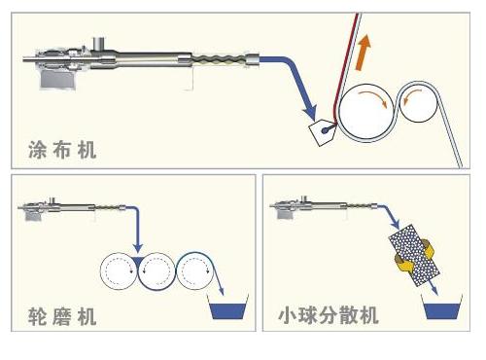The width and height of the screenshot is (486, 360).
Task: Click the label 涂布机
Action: point(62,150)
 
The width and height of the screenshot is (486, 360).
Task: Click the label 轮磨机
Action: point(62,316)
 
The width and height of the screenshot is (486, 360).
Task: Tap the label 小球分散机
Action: point(329,315)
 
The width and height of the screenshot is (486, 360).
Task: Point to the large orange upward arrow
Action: point(363,52)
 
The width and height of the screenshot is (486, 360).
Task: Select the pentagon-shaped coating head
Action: point(323,132)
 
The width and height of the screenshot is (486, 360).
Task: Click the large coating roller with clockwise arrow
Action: point(365,112)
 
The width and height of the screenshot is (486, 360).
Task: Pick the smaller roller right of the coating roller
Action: point(418,102)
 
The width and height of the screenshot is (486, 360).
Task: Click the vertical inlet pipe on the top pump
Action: point(99,44)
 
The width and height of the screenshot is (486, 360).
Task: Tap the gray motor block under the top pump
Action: point(58,79)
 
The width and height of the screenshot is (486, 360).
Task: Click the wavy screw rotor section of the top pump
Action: point(219,60)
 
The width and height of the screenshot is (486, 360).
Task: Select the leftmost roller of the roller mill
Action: point(119,270)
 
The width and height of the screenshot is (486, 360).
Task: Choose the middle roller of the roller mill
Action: point(156,270)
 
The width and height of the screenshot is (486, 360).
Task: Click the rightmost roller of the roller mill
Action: point(195,270)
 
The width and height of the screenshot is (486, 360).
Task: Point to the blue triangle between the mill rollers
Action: point(138,261)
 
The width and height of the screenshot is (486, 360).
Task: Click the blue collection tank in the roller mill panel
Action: point(227,310)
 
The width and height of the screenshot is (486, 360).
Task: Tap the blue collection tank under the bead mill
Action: point(441,310)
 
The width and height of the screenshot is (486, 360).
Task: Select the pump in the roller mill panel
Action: point(71,208)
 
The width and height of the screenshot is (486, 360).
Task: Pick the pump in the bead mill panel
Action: point(324,207)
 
